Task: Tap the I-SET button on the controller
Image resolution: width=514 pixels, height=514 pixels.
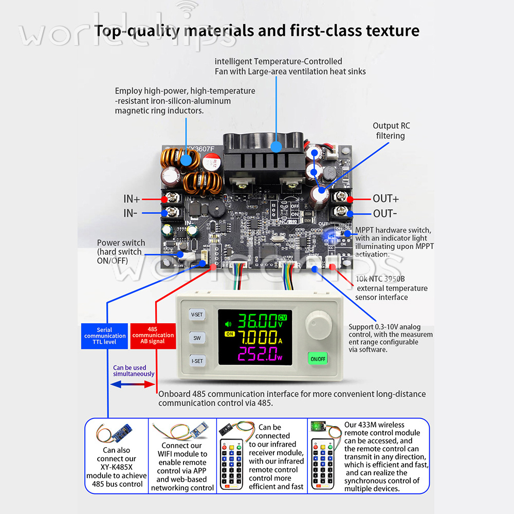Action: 197,361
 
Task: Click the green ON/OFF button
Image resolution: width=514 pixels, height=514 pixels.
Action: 317,359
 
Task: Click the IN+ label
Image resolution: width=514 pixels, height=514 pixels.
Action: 132,199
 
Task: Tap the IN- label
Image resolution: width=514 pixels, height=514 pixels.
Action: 131,213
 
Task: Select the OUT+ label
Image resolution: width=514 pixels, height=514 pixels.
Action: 385,199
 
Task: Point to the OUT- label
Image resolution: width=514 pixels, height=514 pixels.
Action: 384,213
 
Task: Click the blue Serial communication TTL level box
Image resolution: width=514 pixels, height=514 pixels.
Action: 104,336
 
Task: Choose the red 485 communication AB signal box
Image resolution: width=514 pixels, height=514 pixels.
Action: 153,336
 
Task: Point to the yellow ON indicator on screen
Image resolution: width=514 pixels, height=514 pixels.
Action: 229,335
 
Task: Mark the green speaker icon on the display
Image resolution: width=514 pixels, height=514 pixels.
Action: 228,324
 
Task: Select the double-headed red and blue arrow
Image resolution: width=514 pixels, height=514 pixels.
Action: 133,384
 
